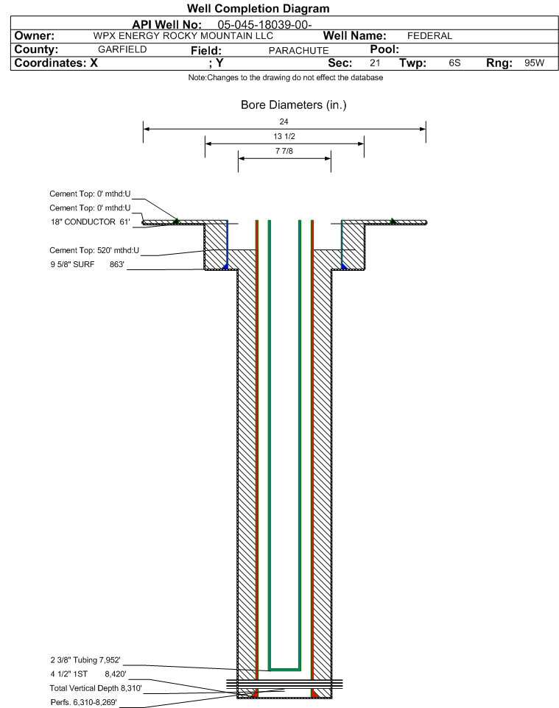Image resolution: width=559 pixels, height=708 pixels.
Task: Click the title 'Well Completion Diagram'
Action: click(258, 9)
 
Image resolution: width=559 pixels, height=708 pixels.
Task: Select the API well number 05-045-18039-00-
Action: click(265, 24)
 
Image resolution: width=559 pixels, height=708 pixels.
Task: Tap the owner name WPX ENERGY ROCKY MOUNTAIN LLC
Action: click(183, 35)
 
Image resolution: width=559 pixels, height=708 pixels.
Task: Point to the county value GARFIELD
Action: click(122, 49)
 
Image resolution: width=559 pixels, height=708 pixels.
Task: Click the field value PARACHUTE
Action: click(299, 51)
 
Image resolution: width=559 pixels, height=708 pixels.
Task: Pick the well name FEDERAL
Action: click(430, 35)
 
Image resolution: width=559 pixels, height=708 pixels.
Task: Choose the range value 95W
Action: click(535, 63)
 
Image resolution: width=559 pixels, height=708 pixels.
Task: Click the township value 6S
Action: click(454, 63)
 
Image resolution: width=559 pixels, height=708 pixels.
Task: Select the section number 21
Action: click(375, 63)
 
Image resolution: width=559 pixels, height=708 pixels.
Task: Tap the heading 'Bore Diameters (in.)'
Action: click(294, 105)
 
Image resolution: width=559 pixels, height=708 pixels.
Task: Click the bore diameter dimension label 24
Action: click(284, 121)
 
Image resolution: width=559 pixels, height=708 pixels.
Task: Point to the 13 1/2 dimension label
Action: click(284, 136)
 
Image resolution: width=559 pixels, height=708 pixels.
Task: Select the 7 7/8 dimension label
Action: click(284, 151)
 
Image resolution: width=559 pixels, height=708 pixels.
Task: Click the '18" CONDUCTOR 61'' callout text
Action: click(91, 222)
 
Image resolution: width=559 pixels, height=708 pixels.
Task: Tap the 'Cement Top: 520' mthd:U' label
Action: click(94, 250)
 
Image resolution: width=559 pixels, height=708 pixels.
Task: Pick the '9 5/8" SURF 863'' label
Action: click(87, 264)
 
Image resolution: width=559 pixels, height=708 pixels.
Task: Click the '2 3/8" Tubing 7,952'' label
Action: click(85, 660)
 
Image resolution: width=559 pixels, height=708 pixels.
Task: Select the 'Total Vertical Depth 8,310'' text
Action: click(96, 688)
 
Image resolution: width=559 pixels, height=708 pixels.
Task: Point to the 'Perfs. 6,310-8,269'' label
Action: click(84, 702)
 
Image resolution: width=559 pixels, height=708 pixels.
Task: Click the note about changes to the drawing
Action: click(286, 78)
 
